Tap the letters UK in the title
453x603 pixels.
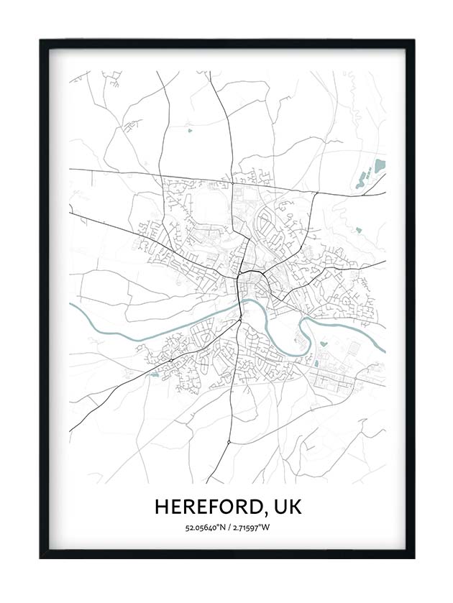pyautogui.click(x=285, y=507)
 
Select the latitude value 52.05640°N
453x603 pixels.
pyautogui.click(x=204, y=528)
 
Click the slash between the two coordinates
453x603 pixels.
pyautogui.click(x=228, y=528)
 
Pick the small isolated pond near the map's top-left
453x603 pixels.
pyautogui.click(x=190, y=131)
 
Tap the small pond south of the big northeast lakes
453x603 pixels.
pyautogui.click(x=358, y=231)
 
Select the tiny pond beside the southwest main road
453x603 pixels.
pyautogui.click(x=153, y=374)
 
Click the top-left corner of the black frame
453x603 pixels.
pyautogui.click(x=41, y=41)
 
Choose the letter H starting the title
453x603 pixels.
pyautogui.click(x=161, y=507)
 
